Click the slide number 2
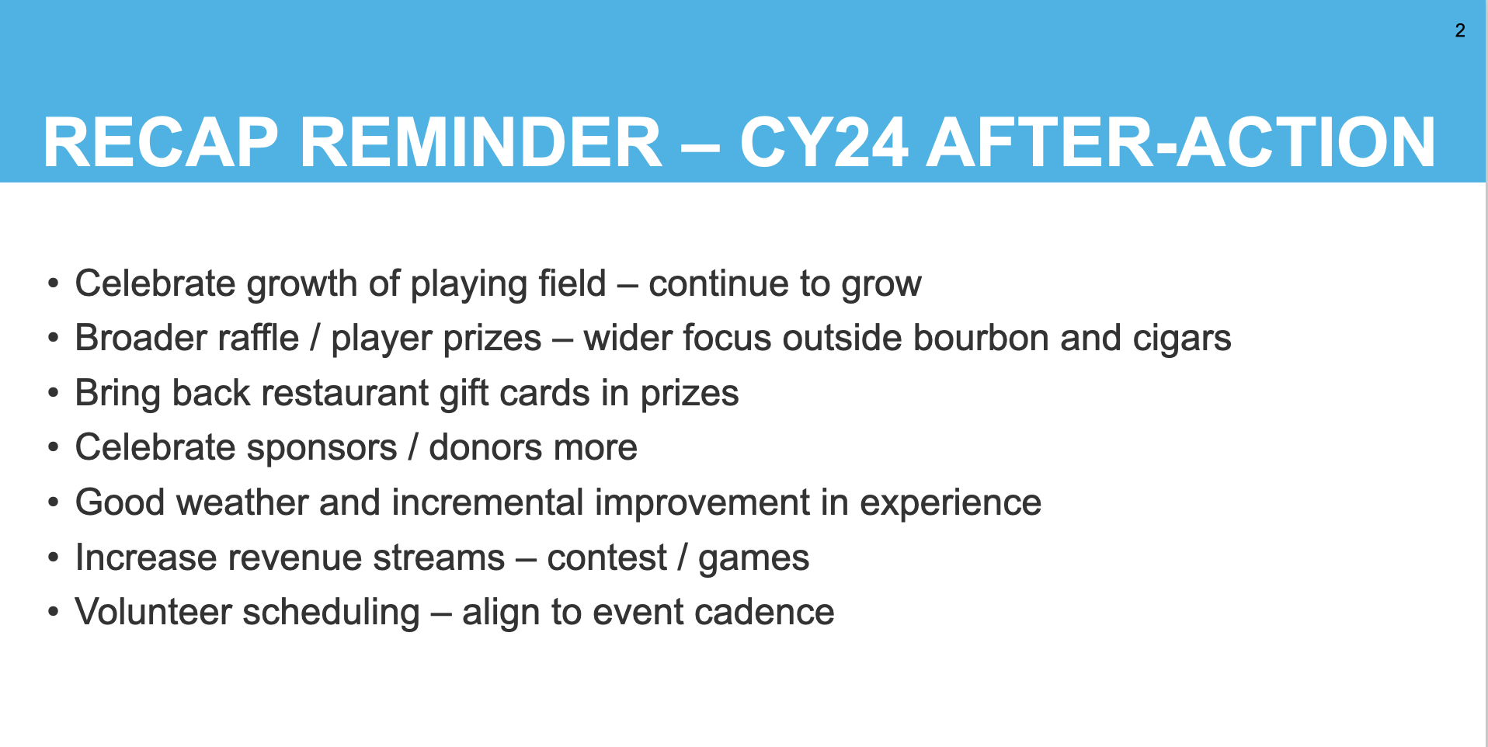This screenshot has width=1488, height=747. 1460,30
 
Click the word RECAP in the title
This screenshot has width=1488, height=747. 161,142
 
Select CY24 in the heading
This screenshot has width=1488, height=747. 824,142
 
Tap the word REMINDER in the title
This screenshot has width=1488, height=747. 481,142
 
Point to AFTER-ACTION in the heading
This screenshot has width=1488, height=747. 1181,142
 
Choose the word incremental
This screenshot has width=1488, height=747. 488,502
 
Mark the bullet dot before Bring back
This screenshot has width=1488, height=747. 54,393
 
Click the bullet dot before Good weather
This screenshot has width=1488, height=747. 54,502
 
